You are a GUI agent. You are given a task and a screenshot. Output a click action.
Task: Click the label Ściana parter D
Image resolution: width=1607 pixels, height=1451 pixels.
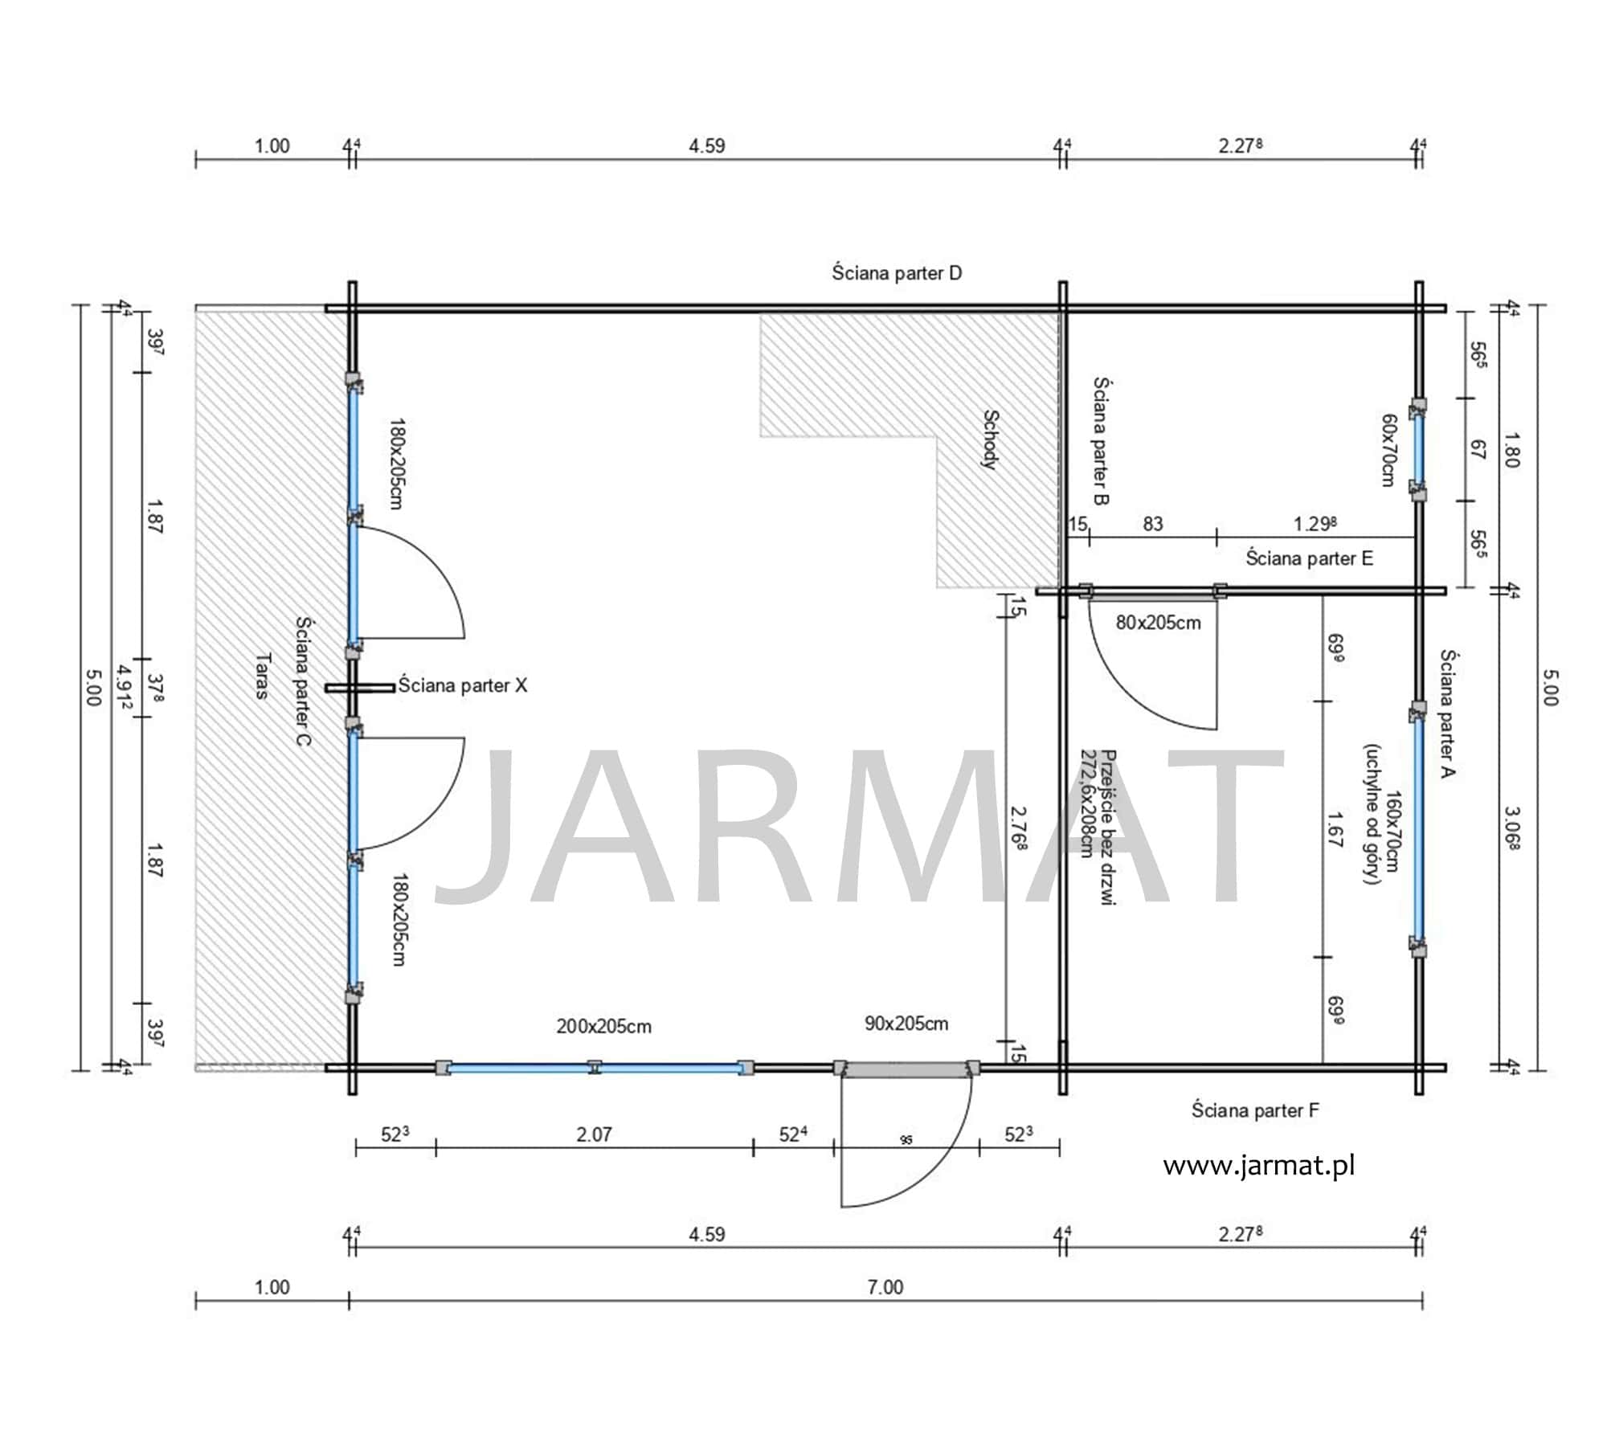[897, 273]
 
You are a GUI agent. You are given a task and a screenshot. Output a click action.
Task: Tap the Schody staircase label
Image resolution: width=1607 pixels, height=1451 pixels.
[991, 439]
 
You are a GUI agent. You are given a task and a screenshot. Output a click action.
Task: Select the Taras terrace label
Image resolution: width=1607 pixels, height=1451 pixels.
[262, 676]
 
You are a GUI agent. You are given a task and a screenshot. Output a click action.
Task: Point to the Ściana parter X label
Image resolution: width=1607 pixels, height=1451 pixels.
[463, 685]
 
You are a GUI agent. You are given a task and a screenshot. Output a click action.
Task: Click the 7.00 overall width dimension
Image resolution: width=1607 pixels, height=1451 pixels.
[885, 1287]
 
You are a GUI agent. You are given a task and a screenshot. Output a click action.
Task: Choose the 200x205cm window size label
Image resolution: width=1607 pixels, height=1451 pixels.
[603, 1026]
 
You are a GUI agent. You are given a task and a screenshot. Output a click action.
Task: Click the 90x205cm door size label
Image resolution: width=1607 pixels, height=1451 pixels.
[906, 1023]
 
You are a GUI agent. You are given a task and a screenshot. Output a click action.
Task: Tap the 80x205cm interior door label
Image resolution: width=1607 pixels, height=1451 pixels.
[1158, 622]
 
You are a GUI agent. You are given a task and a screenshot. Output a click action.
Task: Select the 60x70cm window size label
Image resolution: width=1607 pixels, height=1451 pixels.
[1388, 450]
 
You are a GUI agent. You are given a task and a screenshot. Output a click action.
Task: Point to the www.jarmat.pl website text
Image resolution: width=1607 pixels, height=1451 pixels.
[1259, 1165]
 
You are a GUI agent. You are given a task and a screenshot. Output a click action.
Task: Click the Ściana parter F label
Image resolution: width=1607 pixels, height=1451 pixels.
[1255, 1110]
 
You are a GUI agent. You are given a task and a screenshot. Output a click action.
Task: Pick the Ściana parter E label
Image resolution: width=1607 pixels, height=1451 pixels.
[1309, 558]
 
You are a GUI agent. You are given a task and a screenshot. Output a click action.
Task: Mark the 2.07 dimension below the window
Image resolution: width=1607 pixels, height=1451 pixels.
[594, 1134]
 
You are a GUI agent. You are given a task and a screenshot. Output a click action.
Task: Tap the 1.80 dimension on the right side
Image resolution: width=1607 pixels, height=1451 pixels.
[1511, 450]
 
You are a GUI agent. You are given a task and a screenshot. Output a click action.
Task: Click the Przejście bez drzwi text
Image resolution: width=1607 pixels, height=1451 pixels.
[1108, 828]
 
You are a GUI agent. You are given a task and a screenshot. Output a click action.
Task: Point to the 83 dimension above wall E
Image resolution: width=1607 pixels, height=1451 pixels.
[1153, 524]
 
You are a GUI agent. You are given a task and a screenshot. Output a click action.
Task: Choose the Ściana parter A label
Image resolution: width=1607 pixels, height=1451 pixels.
[1448, 714]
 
